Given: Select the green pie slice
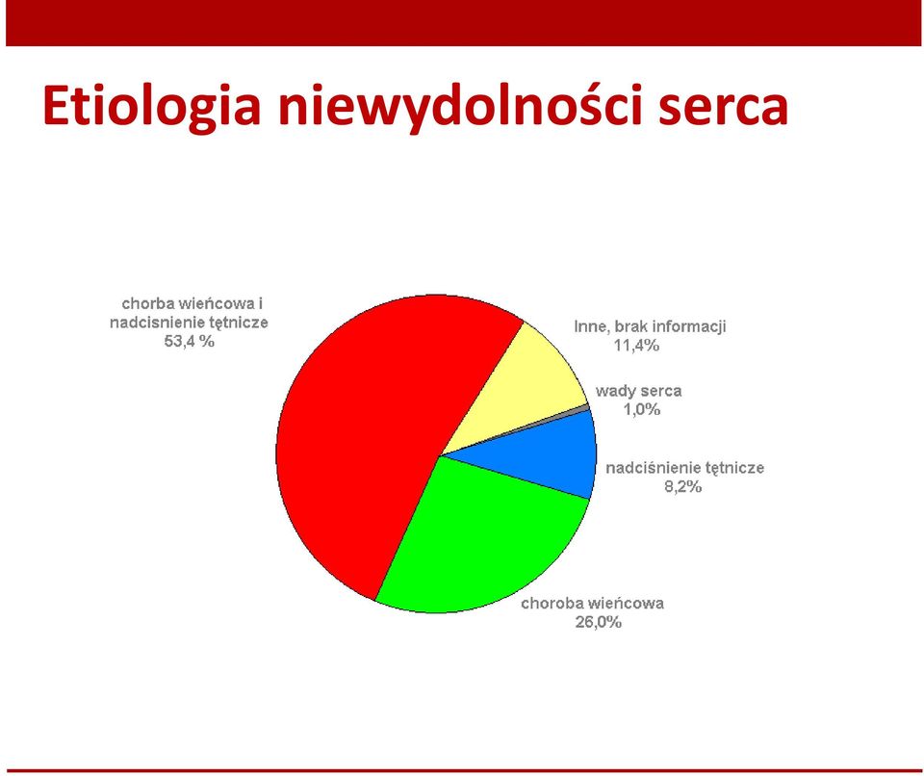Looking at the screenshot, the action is click(477, 542).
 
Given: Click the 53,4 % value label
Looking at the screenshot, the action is click(190, 342).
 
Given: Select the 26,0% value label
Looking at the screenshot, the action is click(598, 622).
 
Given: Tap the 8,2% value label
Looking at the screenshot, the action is click(683, 486).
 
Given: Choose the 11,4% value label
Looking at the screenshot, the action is click(636, 346).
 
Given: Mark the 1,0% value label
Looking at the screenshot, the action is click(642, 409).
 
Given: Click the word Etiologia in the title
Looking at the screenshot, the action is click(151, 107).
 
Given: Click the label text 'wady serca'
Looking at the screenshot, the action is click(638, 391).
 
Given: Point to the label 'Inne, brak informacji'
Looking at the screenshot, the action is click(650, 326).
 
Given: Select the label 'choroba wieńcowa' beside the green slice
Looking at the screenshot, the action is click(592, 604).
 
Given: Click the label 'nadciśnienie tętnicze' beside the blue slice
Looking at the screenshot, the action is click(684, 468).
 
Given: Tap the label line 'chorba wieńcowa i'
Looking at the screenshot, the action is click(192, 303).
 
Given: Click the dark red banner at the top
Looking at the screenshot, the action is click(463, 23).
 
